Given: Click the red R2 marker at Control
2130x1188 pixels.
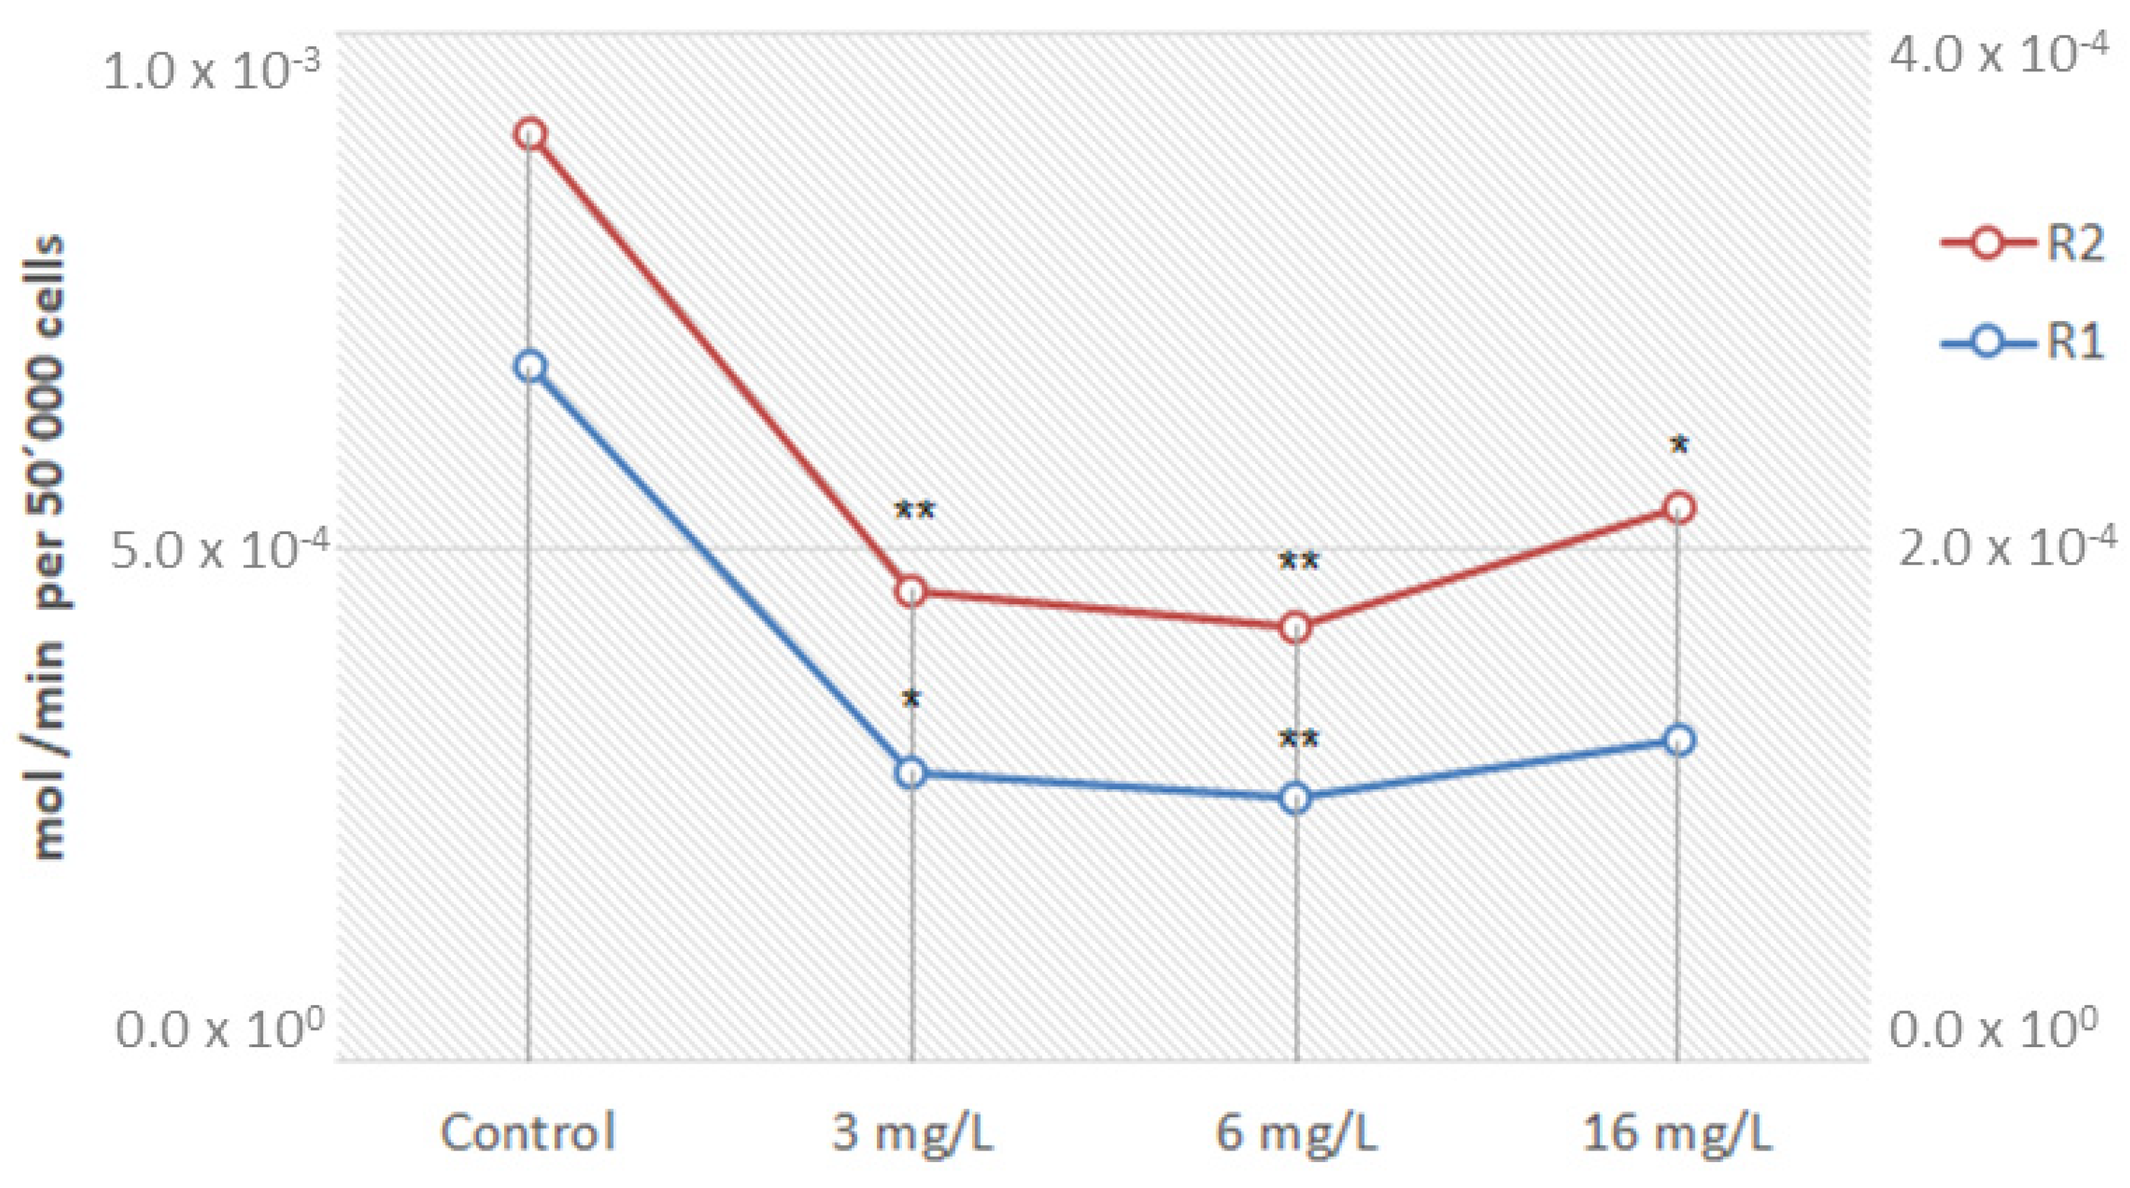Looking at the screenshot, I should pyautogui.click(x=531, y=135).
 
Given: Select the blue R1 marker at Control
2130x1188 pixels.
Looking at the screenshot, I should pyautogui.click(x=531, y=366).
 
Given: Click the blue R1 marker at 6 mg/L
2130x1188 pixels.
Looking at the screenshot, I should pyautogui.click(x=1296, y=799).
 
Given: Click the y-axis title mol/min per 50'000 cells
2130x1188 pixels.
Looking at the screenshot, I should pyautogui.click(x=50, y=547).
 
